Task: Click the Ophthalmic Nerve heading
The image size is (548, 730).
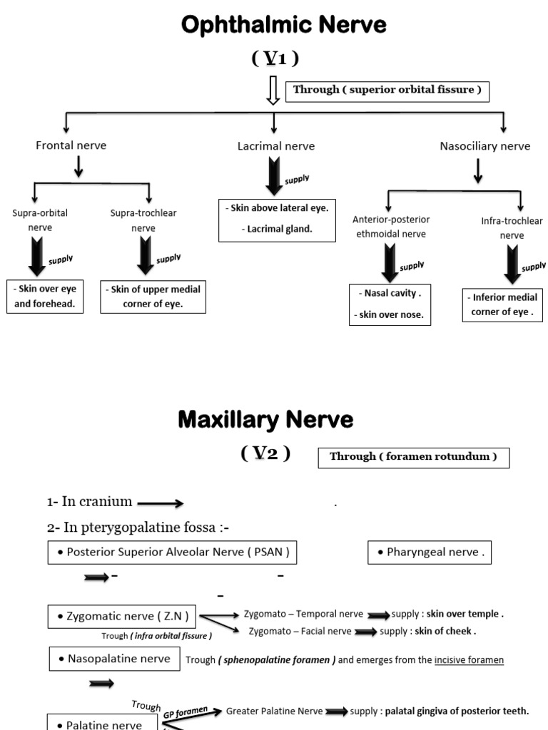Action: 283,26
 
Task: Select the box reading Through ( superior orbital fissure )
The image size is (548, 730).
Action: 387,91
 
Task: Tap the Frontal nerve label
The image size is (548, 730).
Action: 71,145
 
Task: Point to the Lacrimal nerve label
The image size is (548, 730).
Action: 276,146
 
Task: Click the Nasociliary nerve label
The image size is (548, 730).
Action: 485,146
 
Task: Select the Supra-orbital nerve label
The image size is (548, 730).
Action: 35,220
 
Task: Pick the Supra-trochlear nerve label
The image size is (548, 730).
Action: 143,220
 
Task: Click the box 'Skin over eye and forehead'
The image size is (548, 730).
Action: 45,296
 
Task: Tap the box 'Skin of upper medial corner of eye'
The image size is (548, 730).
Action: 153,297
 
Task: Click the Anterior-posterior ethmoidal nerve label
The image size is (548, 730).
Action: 391,227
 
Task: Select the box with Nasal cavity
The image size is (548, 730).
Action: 390,304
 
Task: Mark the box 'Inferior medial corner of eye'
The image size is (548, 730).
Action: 502,304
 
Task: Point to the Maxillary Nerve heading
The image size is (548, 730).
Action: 265,421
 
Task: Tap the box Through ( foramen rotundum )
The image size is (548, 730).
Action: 413,457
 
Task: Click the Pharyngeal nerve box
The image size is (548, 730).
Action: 430,552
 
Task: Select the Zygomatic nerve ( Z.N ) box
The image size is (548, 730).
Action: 122,616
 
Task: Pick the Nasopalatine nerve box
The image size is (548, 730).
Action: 114,659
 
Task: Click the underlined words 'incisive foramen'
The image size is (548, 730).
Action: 469,660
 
